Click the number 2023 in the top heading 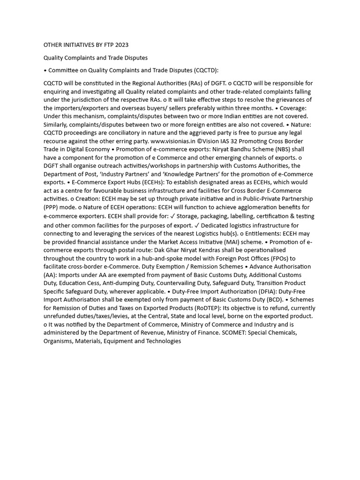point(120,45)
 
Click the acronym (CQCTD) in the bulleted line point(205,70)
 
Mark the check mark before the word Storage point(173,216)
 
